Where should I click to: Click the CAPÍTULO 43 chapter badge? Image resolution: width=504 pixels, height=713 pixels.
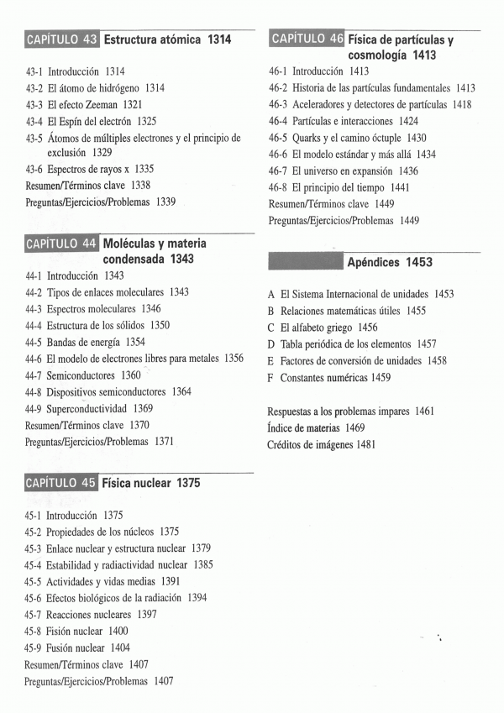coord(62,39)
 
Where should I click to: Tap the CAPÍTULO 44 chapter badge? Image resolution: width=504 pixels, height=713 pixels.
coord(62,244)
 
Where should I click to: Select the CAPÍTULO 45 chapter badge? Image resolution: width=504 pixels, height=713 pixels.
coord(61,483)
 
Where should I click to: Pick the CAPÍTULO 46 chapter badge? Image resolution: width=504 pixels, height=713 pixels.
coord(307,39)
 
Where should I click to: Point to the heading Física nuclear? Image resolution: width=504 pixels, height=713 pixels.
coord(139,484)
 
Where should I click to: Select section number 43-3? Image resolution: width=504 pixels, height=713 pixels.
coord(34,104)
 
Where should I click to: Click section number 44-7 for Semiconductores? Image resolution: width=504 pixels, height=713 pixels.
coord(34,375)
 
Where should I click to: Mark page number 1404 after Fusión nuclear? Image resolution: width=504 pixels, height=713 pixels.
coord(120,647)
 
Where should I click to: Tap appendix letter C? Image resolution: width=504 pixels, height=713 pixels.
coord(271,327)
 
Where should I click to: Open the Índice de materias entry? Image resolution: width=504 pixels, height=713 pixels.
coord(303,427)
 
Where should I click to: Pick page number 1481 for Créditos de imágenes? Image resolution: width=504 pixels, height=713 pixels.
coord(365,443)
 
